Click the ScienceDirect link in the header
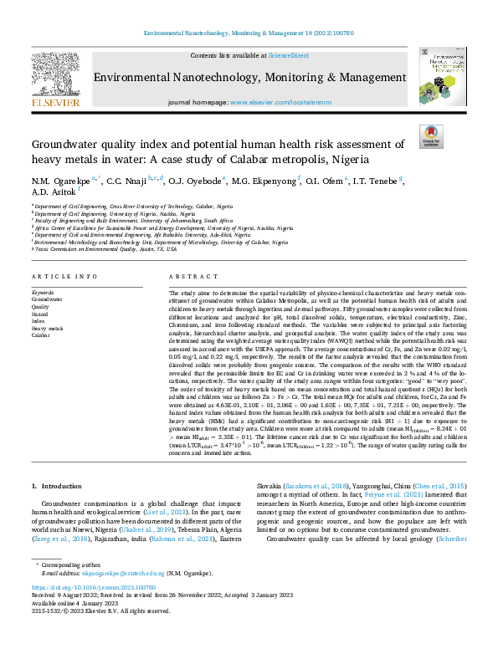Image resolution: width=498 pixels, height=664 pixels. click(x=288, y=55)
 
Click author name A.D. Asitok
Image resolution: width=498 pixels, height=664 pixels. click(x=53, y=192)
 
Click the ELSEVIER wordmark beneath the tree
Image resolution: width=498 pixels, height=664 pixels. click(x=55, y=103)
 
